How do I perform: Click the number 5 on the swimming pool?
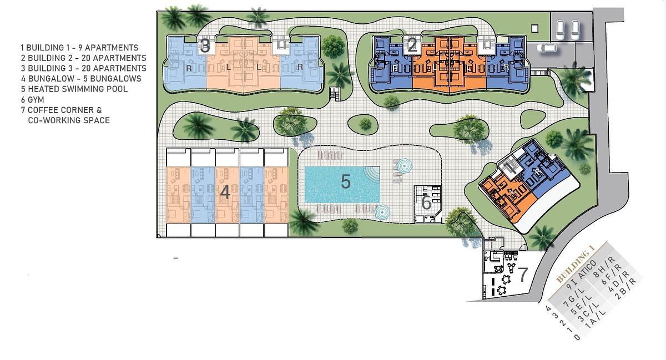(x=345, y=181)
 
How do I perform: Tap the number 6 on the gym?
(x=426, y=202)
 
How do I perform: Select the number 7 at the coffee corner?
(x=523, y=275)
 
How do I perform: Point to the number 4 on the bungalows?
(x=225, y=192)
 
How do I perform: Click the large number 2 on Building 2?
(x=412, y=46)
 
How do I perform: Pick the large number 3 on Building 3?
(x=205, y=46)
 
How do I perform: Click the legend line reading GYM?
(x=33, y=100)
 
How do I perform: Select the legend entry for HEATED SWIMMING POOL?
(x=74, y=89)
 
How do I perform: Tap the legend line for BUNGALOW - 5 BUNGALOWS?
(x=81, y=78)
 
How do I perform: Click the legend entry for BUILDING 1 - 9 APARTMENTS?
(x=80, y=48)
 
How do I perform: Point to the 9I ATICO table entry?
(x=581, y=275)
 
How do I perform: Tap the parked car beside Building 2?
(x=547, y=48)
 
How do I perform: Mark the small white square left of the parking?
(x=534, y=28)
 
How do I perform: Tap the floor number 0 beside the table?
(x=577, y=338)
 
